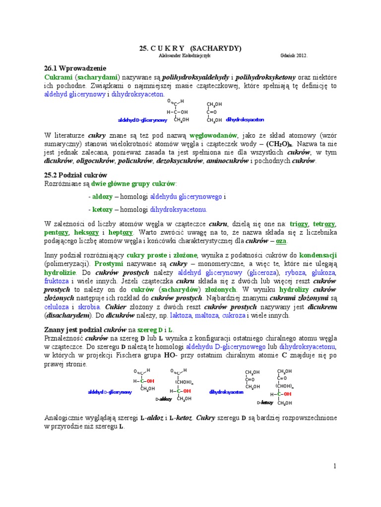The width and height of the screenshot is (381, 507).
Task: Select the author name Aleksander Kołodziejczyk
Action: click(183, 56)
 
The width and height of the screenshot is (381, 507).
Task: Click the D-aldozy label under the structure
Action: click(164, 399)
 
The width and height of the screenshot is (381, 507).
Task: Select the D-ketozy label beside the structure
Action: click(265, 403)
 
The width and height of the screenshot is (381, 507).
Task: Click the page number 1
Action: click(335, 466)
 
